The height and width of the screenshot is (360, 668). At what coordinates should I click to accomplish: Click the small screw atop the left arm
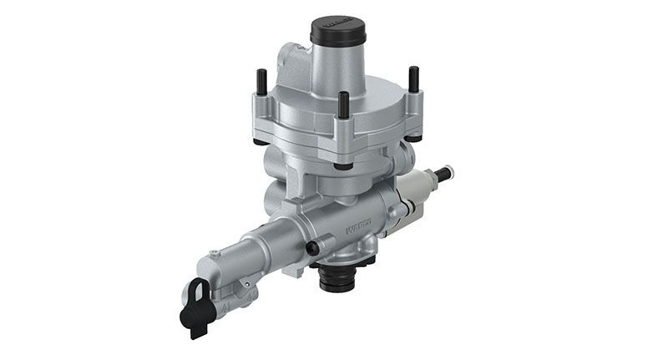pyautogui.click(x=215, y=251)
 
